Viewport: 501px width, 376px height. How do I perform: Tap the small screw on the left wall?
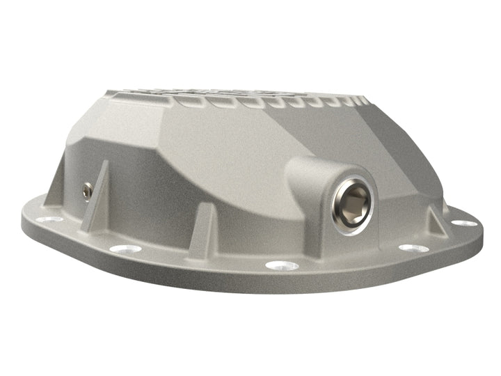(87, 189)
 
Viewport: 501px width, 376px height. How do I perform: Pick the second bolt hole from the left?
(125, 249)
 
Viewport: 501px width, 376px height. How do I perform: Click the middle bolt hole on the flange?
(282, 265)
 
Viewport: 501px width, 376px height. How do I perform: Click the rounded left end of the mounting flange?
(31, 223)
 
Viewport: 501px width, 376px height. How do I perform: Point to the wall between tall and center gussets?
(153, 202)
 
